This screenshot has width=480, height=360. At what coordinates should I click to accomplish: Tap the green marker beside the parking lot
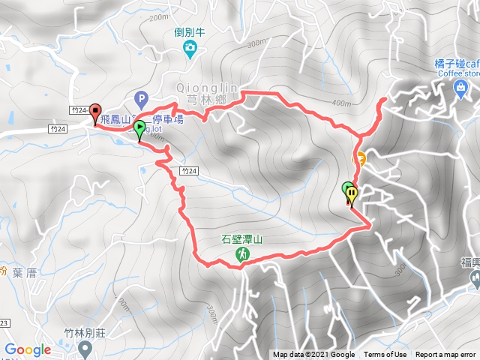(139, 130)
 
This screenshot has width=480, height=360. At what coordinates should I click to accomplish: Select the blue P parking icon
(139, 97)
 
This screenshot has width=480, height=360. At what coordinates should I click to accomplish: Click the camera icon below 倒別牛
(190, 49)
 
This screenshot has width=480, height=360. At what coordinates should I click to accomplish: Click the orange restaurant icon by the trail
(359, 158)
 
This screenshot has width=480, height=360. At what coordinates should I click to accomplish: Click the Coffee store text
(457, 73)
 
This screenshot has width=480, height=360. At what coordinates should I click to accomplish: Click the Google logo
(28, 349)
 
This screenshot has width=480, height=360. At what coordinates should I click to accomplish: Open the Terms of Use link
(385, 355)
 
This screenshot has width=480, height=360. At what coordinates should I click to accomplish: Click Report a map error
(447, 355)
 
